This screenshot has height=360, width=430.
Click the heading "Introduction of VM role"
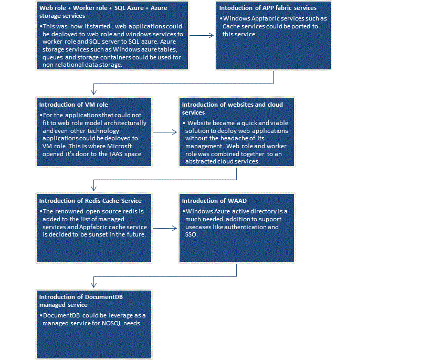(x=74, y=105)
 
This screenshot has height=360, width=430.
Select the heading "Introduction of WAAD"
(x=214, y=201)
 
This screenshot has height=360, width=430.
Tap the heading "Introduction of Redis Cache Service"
(x=90, y=201)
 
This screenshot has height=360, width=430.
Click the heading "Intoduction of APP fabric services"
(x=268, y=8)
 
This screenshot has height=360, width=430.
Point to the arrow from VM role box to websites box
(x=165, y=132)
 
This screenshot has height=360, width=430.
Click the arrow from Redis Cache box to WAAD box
(x=165, y=228)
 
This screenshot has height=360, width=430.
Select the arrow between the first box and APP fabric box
(x=202, y=35)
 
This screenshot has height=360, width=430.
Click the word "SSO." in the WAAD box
(x=192, y=234)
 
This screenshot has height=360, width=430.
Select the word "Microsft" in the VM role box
(x=119, y=146)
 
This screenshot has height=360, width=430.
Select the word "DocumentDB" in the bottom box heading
(x=104, y=297)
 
